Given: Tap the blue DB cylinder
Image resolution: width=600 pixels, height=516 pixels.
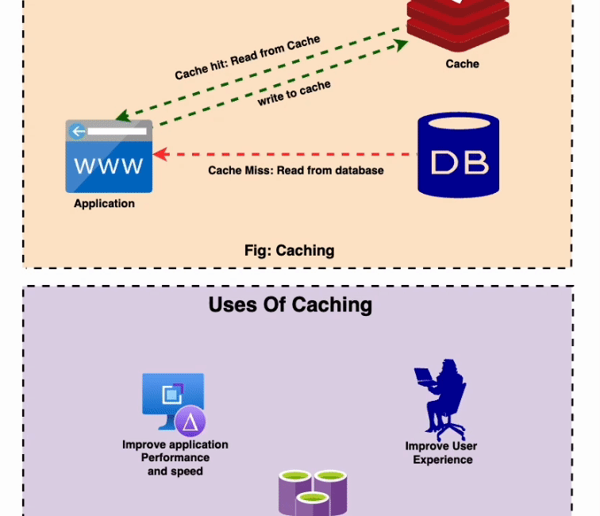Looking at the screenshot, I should point(458,155).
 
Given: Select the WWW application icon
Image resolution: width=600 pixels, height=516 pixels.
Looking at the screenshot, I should point(109,156).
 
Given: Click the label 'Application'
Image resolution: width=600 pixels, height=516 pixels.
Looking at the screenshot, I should point(104,203).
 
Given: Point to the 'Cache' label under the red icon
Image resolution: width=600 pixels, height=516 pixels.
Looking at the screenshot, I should point(462,63).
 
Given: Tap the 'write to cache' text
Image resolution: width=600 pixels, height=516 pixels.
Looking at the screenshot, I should point(294,94).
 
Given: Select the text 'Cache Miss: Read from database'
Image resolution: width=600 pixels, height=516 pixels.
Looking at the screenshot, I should point(296,170).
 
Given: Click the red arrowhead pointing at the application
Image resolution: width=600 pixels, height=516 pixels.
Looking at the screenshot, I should point(159,153).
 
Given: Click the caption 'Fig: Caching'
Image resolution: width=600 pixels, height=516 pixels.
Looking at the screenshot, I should point(289,251).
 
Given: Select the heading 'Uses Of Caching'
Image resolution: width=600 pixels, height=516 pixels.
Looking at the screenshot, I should point(290,304).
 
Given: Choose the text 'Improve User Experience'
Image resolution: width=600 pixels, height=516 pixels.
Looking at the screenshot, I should point(441,452).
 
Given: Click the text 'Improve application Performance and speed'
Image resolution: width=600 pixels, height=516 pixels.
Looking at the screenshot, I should point(175,458).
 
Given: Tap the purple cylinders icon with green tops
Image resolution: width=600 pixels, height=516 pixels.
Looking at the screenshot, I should point(313,491).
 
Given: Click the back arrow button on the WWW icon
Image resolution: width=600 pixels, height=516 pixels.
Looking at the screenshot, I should point(77,131).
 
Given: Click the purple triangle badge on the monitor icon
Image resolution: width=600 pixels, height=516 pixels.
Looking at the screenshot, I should point(190,422).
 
